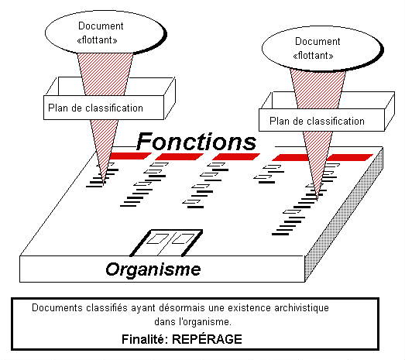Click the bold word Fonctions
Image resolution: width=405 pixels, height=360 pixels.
tap(196, 142)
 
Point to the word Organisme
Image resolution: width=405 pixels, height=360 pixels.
tap(153, 270)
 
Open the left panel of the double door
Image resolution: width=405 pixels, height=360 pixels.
tap(160, 241)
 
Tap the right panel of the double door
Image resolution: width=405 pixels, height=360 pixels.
tap(182, 241)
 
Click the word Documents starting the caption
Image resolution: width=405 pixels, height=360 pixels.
tap(56, 308)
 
